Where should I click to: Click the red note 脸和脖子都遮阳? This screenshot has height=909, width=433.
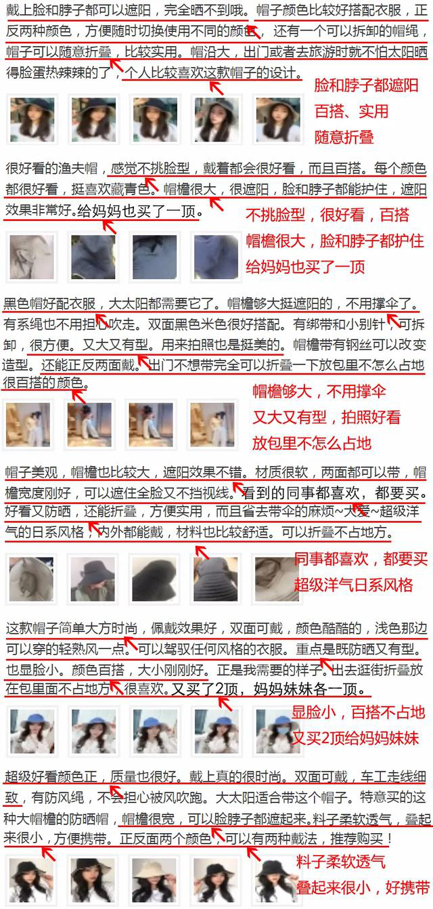coord(366,85)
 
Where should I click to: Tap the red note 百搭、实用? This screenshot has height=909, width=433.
coord(352,112)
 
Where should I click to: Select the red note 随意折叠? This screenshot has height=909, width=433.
coord(344,138)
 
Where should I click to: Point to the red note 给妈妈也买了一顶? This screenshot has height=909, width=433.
coord(305,268)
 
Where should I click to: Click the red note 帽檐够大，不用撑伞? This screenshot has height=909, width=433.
coord(319,392)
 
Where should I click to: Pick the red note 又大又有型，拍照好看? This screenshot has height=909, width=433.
coord(327,417)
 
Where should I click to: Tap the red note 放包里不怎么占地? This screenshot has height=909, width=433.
coord(312,444)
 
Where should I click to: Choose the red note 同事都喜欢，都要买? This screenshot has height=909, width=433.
coord(361,559)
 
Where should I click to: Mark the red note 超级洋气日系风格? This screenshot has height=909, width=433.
coord(354,585)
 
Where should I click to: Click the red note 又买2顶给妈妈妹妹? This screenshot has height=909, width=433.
coord(356,738)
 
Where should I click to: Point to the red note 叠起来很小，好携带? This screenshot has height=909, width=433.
coord(363,888)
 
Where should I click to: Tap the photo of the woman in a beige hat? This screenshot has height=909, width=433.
coord(155,880)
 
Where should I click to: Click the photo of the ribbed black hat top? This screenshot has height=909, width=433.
coord(216,578)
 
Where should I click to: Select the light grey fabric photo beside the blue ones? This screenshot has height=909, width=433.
coord(31,257)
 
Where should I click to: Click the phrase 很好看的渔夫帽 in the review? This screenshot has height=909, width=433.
coord(51,168)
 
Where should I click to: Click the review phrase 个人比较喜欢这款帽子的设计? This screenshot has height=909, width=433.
coord(212,72)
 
